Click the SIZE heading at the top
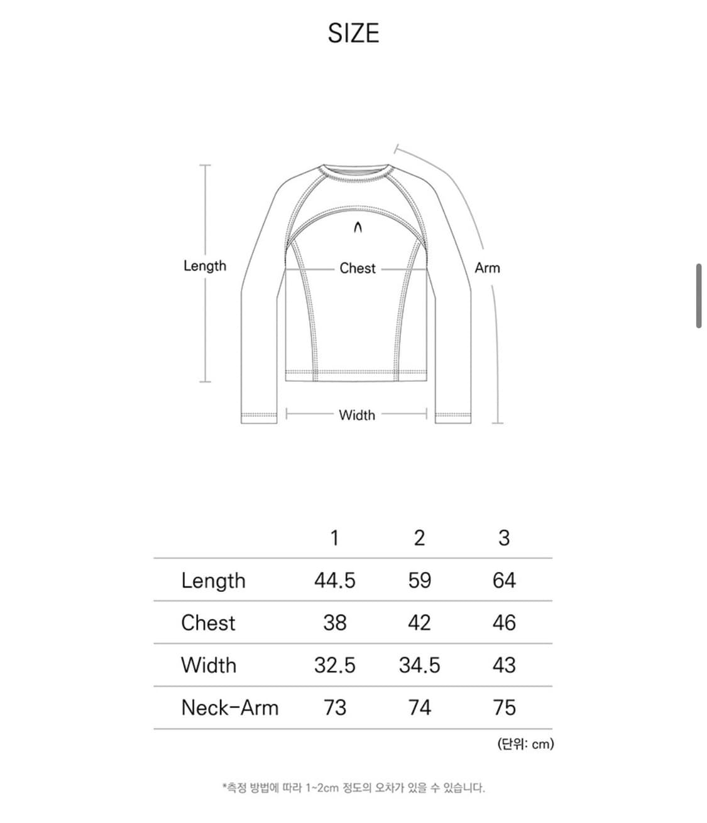pos(353,33)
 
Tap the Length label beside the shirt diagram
pos(204,266)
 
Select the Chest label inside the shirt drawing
pos(357,268)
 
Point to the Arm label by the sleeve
pos(487,268)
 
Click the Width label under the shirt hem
pos(356,415)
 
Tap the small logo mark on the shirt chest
pos(358,227)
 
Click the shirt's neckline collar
pos(356,174)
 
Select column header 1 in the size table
pos(334,538)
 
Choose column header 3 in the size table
pos(503,538)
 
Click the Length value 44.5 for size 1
pos(334,581)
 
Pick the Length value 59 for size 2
pos(419,581)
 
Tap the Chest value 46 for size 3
pos(503,623)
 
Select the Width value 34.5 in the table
pos(419,665)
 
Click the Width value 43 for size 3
pos(503,665)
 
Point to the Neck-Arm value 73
pos(334,707)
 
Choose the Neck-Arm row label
pos(229,707)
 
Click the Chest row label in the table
pos(208,623)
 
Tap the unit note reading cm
pos(525,745)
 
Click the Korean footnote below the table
pos(353,787)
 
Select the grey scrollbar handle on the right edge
pos(698,296)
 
